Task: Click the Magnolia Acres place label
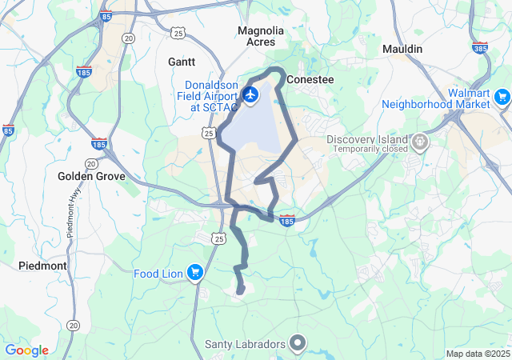click(261, 36)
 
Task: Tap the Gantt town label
click(181, 61)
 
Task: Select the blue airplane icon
click(250, 95)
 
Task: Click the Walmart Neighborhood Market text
click(434, 98)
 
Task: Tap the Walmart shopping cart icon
click(502, 98)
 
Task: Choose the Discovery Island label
click(367, 139)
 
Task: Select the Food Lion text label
click(158, 274)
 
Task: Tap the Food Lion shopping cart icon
click(194, 274)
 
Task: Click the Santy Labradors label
click(245, 344)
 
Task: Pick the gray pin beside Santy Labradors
click(298, 344)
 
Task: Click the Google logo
click(26, 350)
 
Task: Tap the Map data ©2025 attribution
click(477, 354)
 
